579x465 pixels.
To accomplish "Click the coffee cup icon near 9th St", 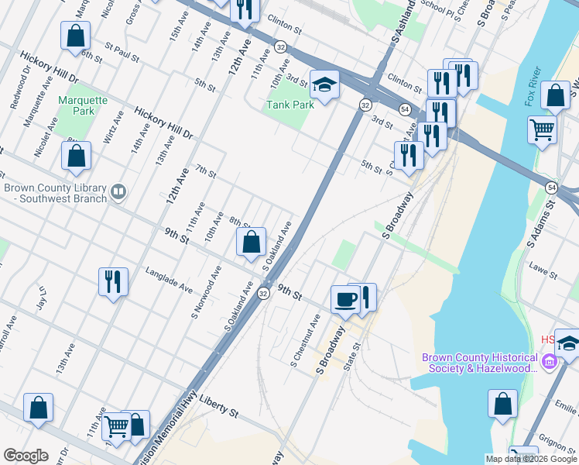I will (344, 298).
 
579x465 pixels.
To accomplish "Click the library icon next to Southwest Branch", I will (118, 191).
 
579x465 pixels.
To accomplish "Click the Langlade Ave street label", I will (170, 280).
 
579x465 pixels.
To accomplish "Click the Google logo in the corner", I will (26, 456).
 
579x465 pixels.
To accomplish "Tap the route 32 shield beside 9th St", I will (263, 294).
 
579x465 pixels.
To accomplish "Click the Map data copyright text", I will (530, 459).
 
